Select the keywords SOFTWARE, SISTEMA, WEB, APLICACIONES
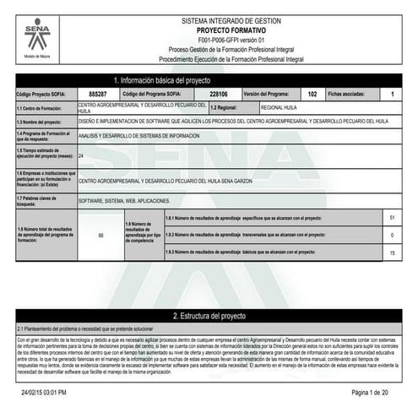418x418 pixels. (123, 201)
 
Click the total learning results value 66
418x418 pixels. (100, 235)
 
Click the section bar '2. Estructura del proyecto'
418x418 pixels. (208, 315)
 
